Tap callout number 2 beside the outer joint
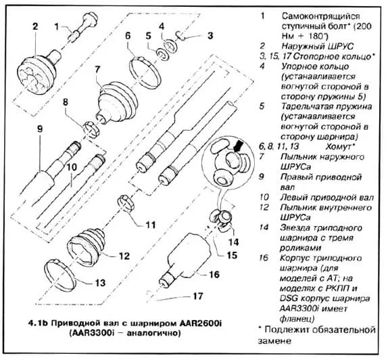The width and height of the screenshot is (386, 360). [x=31, y=27]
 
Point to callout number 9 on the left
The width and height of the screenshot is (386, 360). [x=39, y=129]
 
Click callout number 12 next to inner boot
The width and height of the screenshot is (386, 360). [x=123, y=256]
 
